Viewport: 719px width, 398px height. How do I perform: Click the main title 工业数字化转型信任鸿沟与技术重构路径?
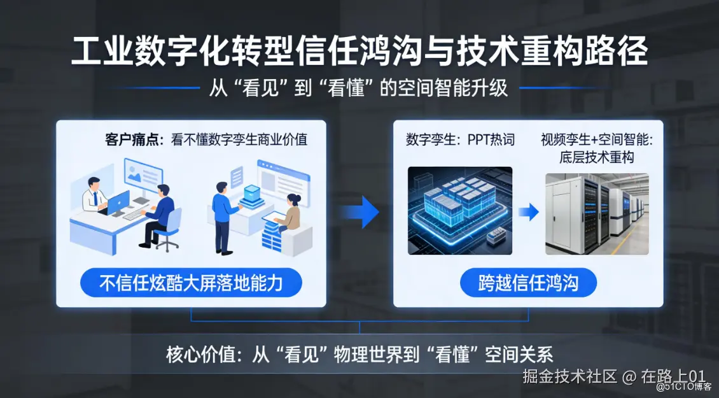359,51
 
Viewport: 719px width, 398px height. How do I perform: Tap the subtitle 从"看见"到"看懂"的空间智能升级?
359,88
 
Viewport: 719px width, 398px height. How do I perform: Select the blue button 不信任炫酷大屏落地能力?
192,283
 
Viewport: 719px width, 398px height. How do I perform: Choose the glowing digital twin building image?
460,211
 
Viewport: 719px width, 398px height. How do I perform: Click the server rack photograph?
597,214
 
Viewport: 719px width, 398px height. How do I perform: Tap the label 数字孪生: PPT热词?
460,139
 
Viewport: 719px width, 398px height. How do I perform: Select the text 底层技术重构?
597,157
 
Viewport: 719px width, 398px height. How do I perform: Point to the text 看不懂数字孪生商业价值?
239,139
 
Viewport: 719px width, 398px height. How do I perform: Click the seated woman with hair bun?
288,213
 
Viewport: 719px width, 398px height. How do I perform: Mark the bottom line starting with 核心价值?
359,355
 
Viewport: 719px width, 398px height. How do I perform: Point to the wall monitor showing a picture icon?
144,176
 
